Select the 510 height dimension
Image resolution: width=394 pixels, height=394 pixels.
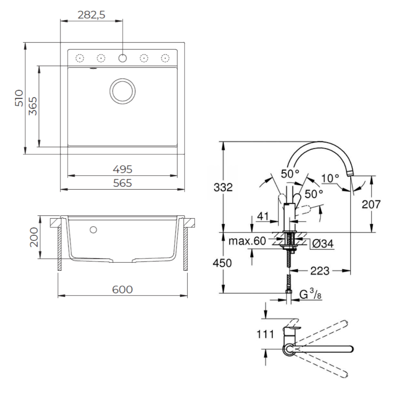[x=19, y=98]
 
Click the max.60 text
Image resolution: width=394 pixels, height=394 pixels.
[x=247, y=241]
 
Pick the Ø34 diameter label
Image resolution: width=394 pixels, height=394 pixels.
[x=323, y=244]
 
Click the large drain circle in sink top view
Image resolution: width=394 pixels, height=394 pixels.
[x=123, y=91]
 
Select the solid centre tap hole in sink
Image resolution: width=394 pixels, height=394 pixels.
[x=123, y=58]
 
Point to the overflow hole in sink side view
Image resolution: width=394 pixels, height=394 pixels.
[x=93, y=229]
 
